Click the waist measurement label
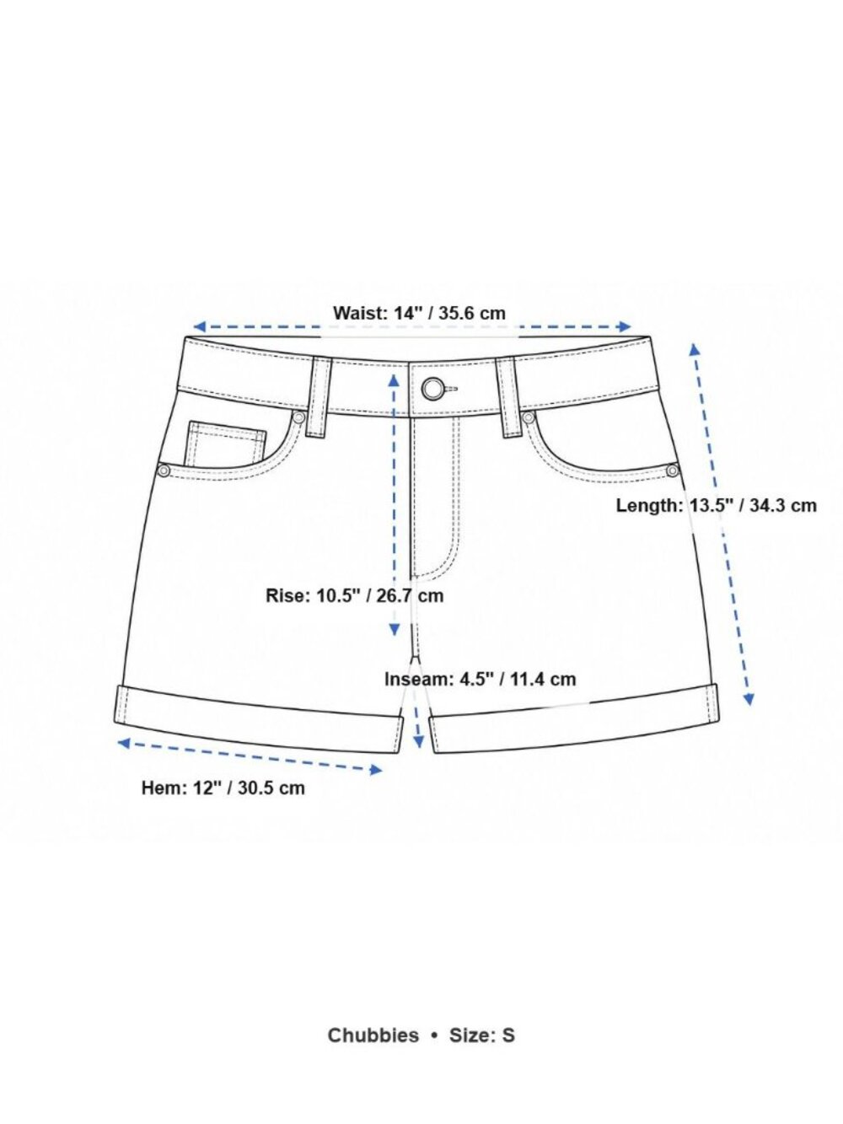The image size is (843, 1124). tap(419, 312)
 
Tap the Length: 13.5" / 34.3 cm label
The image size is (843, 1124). tap(716, 505)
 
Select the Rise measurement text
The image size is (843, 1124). tap(355, 595)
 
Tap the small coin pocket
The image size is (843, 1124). tap(228, 444)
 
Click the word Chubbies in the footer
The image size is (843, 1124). tap(373, 1035)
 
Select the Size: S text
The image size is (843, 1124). tap(482, 1035)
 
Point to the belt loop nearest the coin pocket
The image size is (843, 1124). tap(319, 397)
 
